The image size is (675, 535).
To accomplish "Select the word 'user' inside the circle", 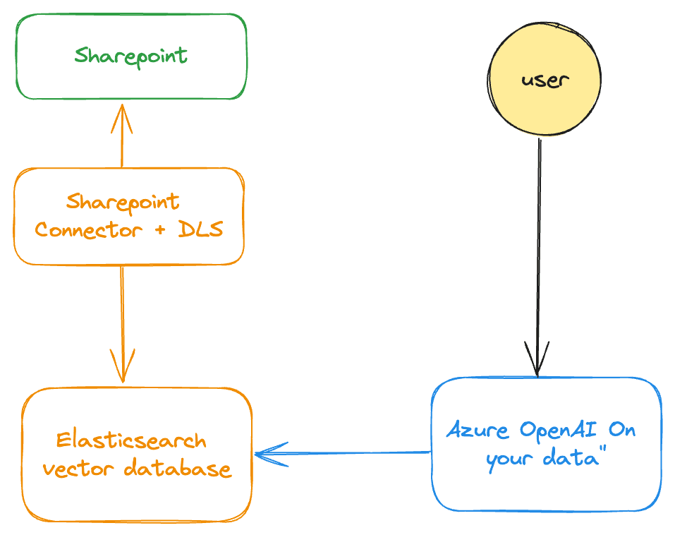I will coord(545,80).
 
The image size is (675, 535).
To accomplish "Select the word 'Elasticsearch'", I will coord(131,441).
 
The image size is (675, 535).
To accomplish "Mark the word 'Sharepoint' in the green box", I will coord(131,56).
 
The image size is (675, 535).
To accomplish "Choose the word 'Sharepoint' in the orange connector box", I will coord(123,202).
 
